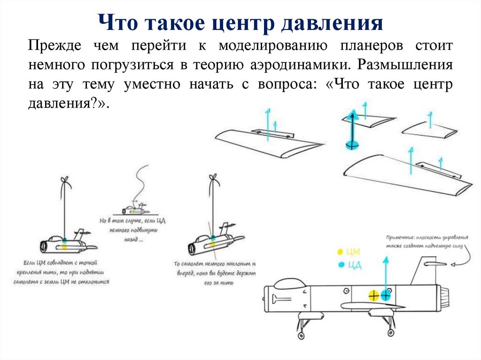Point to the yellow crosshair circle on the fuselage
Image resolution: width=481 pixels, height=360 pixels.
click(x=373, y=295)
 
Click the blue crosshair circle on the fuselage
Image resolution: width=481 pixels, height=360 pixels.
click(x=386, y=295)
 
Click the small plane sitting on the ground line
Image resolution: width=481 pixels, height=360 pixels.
click(x=134, y=209)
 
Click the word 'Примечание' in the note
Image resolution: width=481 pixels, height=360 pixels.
click(x=400, y=237)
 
